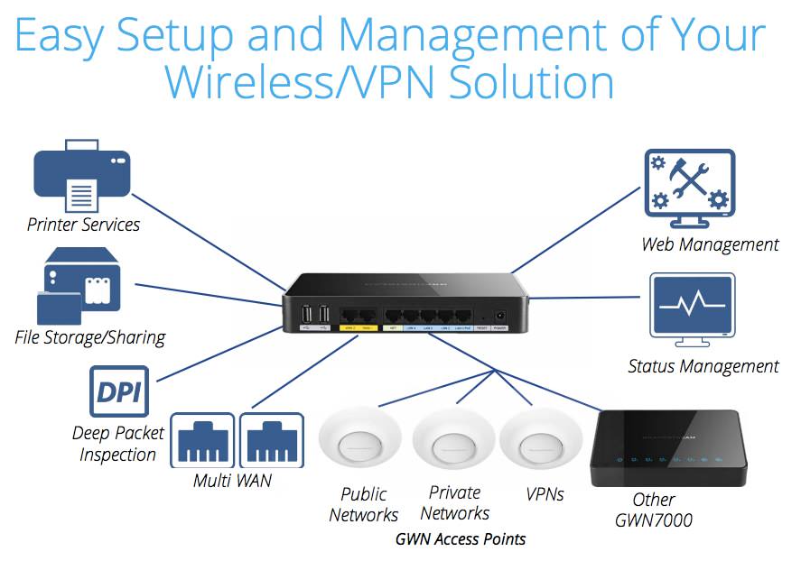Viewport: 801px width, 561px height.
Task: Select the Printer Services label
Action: click(x=83, y=225)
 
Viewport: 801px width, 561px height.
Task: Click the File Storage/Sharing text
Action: click(x=90, y=337)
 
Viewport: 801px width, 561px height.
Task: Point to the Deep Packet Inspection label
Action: click(x=118, y=443)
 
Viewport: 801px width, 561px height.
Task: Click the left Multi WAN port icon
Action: click(x=202, y=440)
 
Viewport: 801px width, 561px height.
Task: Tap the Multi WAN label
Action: click(x=232, y=481)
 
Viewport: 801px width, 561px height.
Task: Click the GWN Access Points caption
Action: click(x=461, y=539)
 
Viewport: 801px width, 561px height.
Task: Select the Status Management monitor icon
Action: click(x=692, y=308)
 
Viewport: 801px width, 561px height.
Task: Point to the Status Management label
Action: click(x=703, y=366)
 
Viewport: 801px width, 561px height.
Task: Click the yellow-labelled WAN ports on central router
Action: click(x=357, y=317)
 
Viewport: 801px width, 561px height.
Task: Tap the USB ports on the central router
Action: click(x=316, y=315)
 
